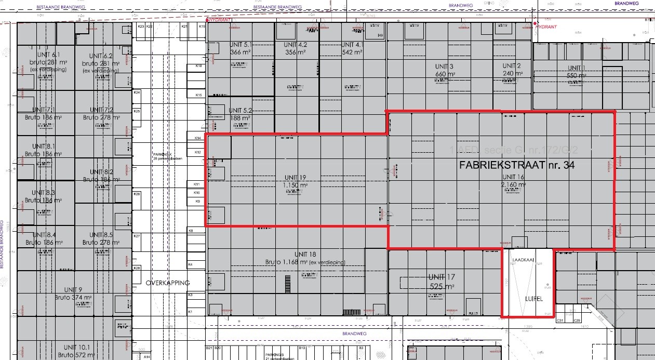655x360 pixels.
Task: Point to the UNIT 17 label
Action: (x=441, y=276)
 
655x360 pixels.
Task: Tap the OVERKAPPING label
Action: (x=168, y=283)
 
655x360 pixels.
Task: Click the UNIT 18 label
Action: (x=305, y=254)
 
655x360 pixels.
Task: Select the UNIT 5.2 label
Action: (x=240, y=110)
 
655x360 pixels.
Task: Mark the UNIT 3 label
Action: (x=445, y=66)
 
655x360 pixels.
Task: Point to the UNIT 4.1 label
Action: (x=353, y=45)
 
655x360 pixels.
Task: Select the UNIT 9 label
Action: (x=73, y=289)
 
